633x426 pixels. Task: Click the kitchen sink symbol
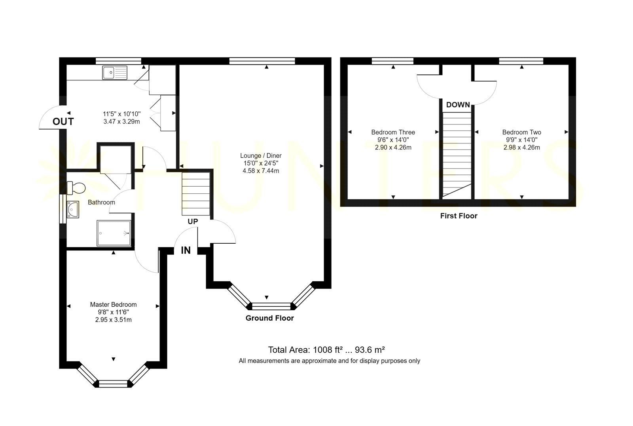pyautogui.click(x=115, y=73)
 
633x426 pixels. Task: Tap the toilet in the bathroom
pyautogui.click(x=76, y=188)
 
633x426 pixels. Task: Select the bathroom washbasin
pyautogui.click(x=73, y=210)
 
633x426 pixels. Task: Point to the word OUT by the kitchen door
pyautogui.click(x=63, y=122)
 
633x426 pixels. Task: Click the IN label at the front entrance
pyautogui.click(x=186, y=250)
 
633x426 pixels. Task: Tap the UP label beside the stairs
pyautogui.click(x=193, y=222)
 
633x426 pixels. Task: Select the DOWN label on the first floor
pyautogui.click(x=458, y=105)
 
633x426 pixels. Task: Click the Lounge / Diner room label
pyautogui.click(x=261, y=155)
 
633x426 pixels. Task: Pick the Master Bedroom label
pyautogui.click(x=113, y=305)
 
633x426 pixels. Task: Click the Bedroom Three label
pyautogui.click(x=393, y=132)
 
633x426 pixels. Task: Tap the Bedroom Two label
pyautogui.click(x=522, y=132)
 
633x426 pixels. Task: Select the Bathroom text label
pyautogui.click(x=101, y=202)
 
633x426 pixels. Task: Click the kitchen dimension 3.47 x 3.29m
pyautogui.click(x=121, y=122)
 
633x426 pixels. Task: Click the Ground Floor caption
pyautogui.click(x=269, y=318)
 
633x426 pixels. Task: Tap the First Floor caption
pyautogui.click(x=459, y=216)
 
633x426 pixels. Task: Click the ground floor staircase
pyautogui.click(x=196, y=194)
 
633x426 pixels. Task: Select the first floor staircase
pyautogui.click(x=457, y=155)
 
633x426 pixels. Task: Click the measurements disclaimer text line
pyautogui.click(x=329, y=361)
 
